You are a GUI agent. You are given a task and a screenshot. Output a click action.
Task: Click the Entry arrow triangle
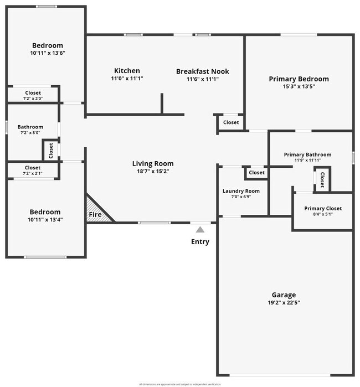(x=200, y=229)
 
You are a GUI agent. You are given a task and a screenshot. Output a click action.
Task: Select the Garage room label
(x=284, y=295)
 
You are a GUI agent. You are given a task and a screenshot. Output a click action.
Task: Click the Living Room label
(x=153, y=163)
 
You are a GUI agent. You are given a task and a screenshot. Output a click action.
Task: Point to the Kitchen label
(x=127, y=71)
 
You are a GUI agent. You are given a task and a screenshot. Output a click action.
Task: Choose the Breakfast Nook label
(x=203, y=71)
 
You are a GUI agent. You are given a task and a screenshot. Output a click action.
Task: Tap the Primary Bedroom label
(x=299, y=79)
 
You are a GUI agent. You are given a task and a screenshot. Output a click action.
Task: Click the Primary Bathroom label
(x=307, y=154)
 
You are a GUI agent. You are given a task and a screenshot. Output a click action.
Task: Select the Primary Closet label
(x=323, y=208)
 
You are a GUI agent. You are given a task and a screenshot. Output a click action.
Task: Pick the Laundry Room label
(x=241, y=191)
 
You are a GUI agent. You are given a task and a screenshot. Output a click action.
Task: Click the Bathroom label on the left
(x=30, y=126)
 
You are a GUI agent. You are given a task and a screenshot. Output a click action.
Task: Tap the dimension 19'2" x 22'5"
(x=284, y=303)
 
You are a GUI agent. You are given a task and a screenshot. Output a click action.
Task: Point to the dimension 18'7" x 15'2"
(x=153, y=172)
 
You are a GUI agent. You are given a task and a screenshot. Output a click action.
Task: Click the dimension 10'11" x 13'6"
(x=47, y=54)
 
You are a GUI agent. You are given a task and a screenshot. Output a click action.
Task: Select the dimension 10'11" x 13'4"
(x=45, y=220)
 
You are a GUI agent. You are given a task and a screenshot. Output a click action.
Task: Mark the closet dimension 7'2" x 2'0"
(x=33, y=99)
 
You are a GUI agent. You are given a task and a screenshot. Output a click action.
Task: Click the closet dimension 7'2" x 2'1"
(x=33, y=173)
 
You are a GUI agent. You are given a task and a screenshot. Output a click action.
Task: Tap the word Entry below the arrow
(x=200, y=241)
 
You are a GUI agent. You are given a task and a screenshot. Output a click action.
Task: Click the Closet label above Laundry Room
(x=256, y=173)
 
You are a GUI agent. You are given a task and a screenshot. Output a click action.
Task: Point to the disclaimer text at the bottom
(x=180, y=384)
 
